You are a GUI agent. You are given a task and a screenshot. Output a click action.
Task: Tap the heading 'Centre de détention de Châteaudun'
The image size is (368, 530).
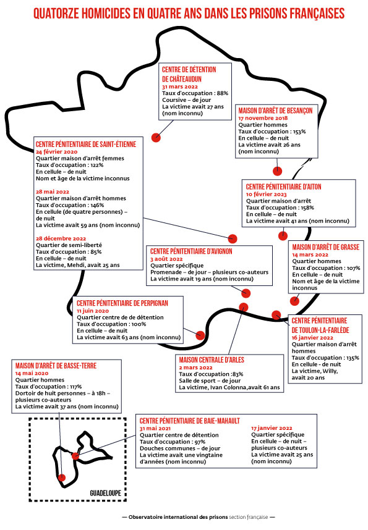189,74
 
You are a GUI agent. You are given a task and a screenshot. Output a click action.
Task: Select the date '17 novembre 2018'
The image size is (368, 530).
263,118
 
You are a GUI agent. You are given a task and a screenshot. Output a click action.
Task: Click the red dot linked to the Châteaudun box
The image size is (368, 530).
156,138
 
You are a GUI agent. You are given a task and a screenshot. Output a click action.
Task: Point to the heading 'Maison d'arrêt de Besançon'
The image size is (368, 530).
275,111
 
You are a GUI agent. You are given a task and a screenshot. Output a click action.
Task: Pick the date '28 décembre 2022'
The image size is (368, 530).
61,238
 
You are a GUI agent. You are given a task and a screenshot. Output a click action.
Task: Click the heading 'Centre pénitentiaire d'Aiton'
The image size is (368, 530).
283,187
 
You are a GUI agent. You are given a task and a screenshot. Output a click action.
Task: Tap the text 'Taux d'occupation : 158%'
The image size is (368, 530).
280,208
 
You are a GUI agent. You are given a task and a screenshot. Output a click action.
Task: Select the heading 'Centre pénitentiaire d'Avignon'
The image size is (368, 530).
191,251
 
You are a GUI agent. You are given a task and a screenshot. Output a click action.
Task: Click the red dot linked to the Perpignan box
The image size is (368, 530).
200,335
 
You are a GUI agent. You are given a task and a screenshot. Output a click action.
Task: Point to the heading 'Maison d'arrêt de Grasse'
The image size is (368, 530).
325,247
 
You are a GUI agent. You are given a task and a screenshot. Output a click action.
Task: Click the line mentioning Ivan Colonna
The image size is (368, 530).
229,387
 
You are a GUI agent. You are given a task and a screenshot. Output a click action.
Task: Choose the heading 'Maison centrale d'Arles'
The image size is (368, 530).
212,360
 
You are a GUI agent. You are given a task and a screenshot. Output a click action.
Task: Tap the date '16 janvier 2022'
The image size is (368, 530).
312,338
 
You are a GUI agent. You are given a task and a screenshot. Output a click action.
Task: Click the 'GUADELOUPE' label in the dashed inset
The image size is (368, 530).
105,493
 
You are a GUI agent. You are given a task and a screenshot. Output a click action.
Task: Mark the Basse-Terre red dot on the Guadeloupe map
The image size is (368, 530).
62,477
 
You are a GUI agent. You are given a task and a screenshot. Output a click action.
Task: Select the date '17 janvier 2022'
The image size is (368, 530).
272,428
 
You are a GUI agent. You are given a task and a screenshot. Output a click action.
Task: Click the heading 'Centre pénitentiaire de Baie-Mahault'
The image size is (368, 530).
190,421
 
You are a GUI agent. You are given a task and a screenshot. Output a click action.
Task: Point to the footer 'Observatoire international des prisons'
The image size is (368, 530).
178,517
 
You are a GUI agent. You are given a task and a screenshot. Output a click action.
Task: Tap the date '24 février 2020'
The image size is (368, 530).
56,152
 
